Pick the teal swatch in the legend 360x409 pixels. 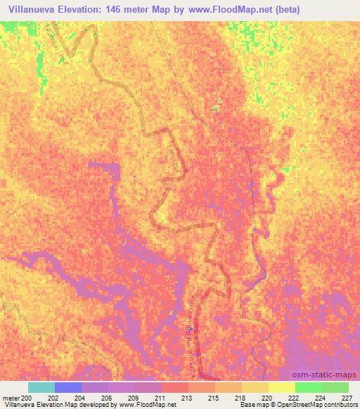41,387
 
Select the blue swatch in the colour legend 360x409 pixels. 68,387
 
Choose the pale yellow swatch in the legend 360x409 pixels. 281,387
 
